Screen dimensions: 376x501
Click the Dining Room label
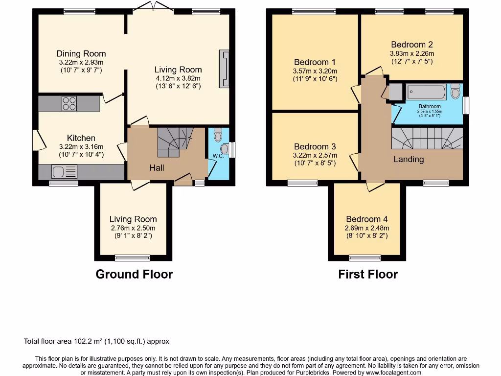(x=81, y=54)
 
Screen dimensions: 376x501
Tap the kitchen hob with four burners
(x=69, y=103)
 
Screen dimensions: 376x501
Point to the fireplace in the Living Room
(x=225, y=69)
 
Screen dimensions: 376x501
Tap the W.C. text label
(x=218, y=156)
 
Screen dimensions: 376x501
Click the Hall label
(x=157, y=168)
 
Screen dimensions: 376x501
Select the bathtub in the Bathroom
(x=426, y=92)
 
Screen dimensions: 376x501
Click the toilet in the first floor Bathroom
(x=455, y=92)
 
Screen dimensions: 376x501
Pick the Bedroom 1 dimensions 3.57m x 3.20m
(x=315, y=70)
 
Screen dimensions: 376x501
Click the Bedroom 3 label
(x=315, y=146)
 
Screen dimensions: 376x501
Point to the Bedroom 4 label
(x=366, y=219)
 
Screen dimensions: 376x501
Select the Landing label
(x=409, y=159)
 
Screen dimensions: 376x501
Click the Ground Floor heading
(x=134, y=274)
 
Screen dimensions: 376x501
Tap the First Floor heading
(x=368, y=274)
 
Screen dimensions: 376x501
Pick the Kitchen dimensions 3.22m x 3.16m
(x=81, y=146)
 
